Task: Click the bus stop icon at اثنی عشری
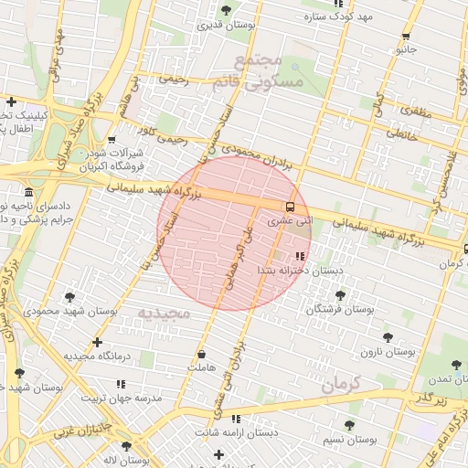(290, 207)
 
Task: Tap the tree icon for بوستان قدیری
(226, 10)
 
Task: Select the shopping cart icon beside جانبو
(405, 37)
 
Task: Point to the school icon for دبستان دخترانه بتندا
(300, 257)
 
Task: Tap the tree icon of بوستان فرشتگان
(340, 295)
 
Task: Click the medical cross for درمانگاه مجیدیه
(98, 342)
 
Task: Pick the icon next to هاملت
(201, 355)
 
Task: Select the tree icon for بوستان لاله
(126, 446)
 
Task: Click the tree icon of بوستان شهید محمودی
(70, 297)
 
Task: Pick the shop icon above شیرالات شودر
(111, 141)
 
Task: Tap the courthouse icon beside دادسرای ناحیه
(28, 193)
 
